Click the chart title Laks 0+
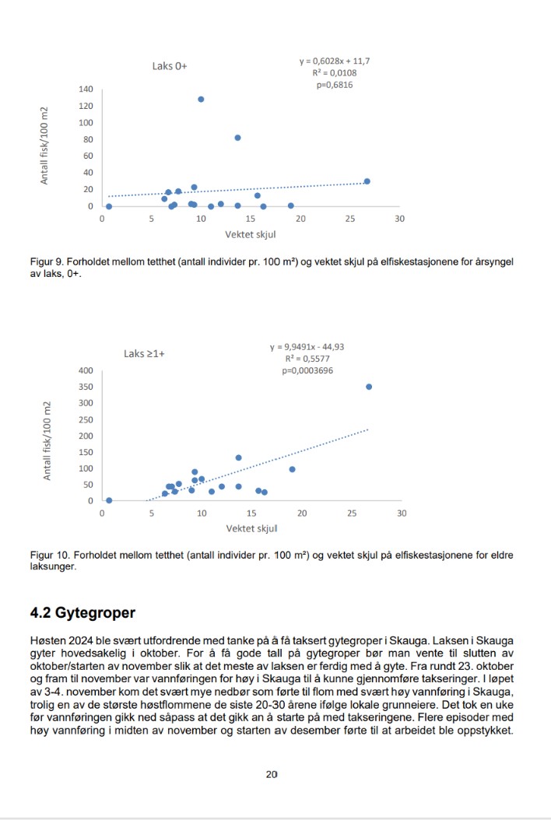click(170, 66)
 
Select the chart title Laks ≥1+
click(144, 353)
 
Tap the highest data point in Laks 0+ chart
click(201, 100)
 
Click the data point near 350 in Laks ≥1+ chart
click(369, 387)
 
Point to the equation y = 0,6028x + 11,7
click(335, 61)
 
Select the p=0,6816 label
click(335, 86)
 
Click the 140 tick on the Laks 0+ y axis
click(86, 89)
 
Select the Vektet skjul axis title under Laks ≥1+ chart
click(251, 529)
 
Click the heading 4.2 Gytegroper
click(82, 613)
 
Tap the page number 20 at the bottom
click(271, 774)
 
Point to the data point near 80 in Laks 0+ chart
click(238, 138)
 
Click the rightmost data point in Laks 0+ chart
click(367, 181)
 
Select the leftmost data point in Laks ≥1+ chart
click(109, 500)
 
